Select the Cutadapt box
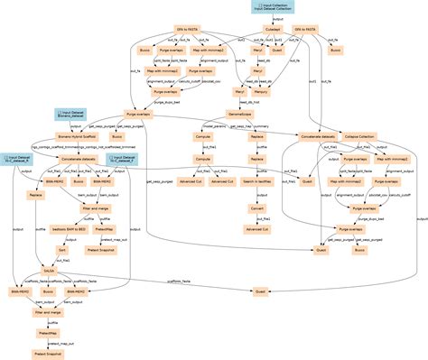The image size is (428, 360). coord(273,30)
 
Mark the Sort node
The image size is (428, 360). coord(62,249)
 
